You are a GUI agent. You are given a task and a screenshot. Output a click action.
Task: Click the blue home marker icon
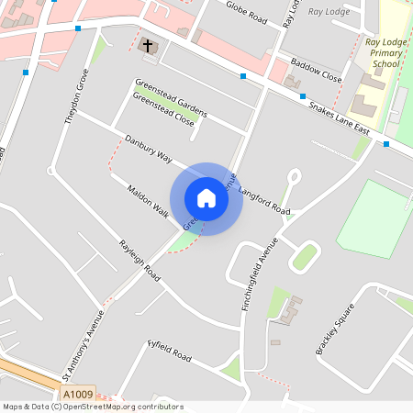tap(206, 198)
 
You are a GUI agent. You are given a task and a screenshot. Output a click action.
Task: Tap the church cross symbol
tap(147, 44)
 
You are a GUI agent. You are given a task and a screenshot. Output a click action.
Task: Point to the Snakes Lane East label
tap(340, 118)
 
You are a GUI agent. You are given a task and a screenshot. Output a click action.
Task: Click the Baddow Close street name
tap(316, 73)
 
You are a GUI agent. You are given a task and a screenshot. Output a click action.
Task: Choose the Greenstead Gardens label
tap(172, 98)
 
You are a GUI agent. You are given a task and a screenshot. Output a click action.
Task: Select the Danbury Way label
tap(150, 150)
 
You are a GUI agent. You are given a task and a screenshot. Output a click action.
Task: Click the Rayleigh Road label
tap(140, 261)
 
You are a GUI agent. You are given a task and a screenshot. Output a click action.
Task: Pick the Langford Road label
tap(263, 202)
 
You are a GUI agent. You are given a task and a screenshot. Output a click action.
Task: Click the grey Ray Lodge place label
tap(329, 12)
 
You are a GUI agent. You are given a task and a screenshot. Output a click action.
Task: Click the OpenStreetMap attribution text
tap(93, 407)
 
